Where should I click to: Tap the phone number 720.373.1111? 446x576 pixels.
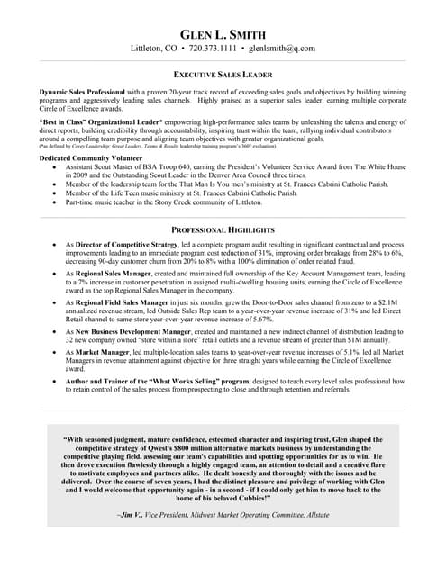coord(214,48)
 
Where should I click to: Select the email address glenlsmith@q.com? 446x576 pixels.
coord(282,48)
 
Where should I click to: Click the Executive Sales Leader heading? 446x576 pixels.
coord(223,75)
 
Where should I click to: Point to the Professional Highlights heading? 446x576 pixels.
coord(223,230)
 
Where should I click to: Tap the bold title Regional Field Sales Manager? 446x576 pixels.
coord(128,303)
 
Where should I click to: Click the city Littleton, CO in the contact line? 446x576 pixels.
coord(154,48)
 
